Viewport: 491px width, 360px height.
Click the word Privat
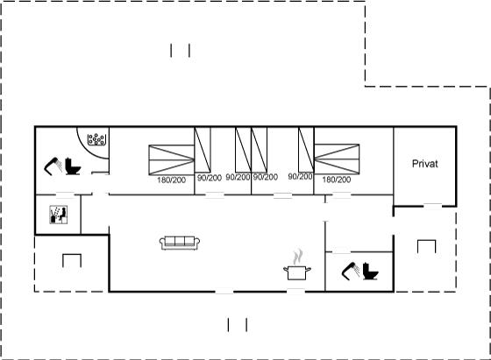(424, 164)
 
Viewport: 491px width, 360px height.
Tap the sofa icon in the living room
(180, 243)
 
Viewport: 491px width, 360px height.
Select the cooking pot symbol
(297, 272)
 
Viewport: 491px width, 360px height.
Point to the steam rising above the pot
(298, 257)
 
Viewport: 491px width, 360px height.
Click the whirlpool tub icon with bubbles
(96, 139)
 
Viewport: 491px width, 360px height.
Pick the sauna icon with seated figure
(59, 215)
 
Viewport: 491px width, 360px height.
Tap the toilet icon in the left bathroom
(73, 166)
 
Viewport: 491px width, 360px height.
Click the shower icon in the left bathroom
(53, 166)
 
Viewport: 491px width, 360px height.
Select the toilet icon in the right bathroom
(370, 272)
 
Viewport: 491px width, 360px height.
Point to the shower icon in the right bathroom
(351, 271)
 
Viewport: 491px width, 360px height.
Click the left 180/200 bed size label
(171, 180)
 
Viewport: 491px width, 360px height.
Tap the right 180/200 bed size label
(337, 180)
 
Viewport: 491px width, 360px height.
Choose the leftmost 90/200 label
(210, 178)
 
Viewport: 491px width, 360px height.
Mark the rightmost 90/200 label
(300, 176)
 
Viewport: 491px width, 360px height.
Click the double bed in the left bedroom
(172, 159)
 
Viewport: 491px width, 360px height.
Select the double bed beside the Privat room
(337, 159)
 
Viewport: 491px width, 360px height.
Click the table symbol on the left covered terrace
(72, 260)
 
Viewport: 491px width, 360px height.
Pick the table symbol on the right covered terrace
(426, 246)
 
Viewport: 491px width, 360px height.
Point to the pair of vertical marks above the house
(180, 51)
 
